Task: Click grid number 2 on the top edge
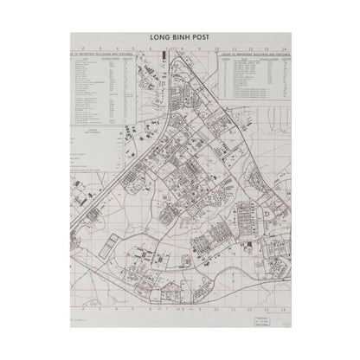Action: [x=80, y=49]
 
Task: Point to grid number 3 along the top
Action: [x=100, y=49]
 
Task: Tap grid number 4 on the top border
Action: [x=119, y=49]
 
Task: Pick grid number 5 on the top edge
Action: [x=137, y=49]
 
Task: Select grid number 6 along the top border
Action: [x=155, y=49]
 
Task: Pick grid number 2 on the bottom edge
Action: [x=80, y=306]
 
